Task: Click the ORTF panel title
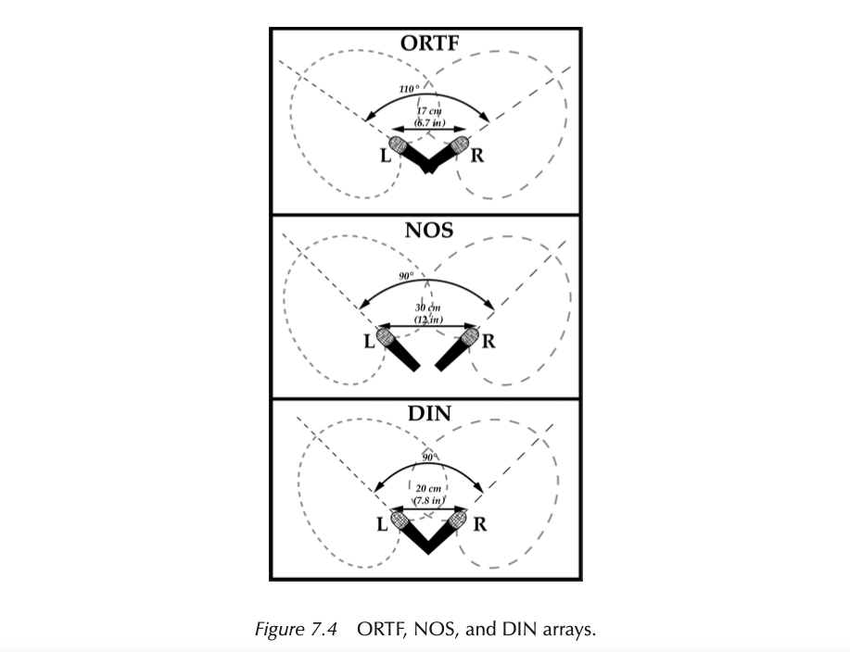(427, 44)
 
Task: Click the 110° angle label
(409, 89)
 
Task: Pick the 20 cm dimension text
(430, 488)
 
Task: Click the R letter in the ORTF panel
(476, 155)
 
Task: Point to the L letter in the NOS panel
(368, 341)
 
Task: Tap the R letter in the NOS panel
(488, 341)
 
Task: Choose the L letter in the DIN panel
(381, 525)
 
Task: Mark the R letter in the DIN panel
(480, 524)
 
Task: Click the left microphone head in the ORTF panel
(399, 144)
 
